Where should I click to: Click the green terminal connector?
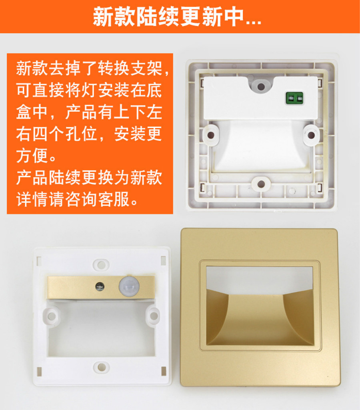coord(294,98)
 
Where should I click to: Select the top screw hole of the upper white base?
coord(261,86)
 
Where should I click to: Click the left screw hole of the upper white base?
coord(211,135)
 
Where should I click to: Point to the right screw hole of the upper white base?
coord(311,135)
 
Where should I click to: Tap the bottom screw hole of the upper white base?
coord(261,184)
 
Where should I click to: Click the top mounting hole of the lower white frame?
coord(101,265)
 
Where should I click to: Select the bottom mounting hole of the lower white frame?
coord(102,367)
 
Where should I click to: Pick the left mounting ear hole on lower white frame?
coord(52,316)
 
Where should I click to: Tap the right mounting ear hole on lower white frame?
coord(154,316)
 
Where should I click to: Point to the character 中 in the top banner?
coord(233,16)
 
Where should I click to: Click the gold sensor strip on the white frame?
coord(101,287)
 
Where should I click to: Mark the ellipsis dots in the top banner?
coord(254,23)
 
